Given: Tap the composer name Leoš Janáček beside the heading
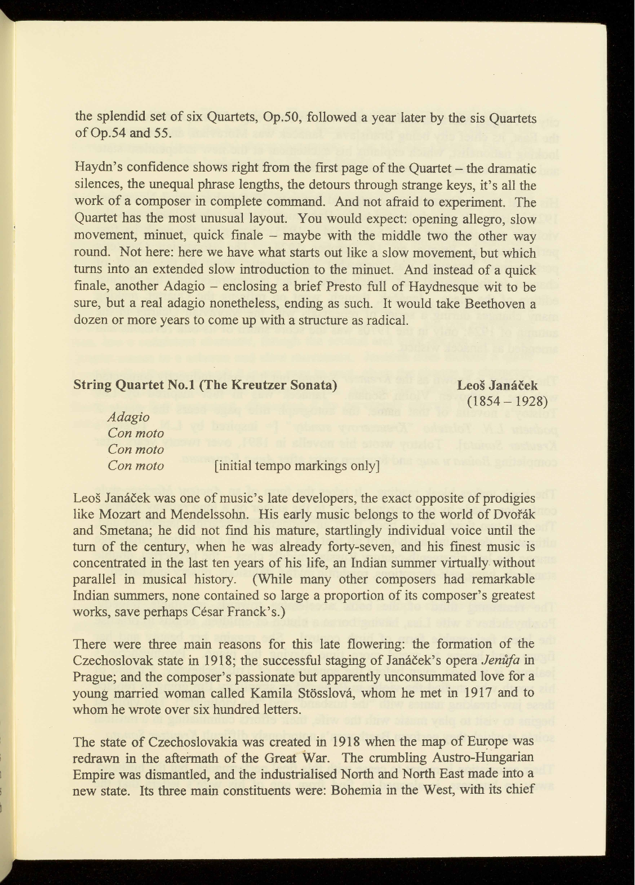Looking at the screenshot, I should pos(498,386).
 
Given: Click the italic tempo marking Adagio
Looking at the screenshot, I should pos(128,417).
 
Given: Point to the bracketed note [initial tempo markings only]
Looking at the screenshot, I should pos(296,466).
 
